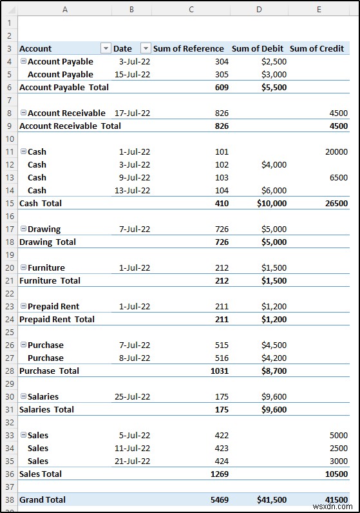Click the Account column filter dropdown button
coord(106,48)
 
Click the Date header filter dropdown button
coord(146,48)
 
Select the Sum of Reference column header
coord(188,48)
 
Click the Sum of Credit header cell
coord(317,48)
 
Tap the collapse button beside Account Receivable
coord(23,113)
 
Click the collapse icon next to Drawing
coord(23,229)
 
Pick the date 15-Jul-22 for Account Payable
coord(132,74)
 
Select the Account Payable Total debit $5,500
coord(273,87)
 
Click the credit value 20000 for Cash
coord(335,151)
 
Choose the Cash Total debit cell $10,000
coord(270,203)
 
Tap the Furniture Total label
coord(50,280)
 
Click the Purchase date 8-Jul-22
coord(135,358)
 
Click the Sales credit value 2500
coord(337,448)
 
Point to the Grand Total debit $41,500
coord(270,499)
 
